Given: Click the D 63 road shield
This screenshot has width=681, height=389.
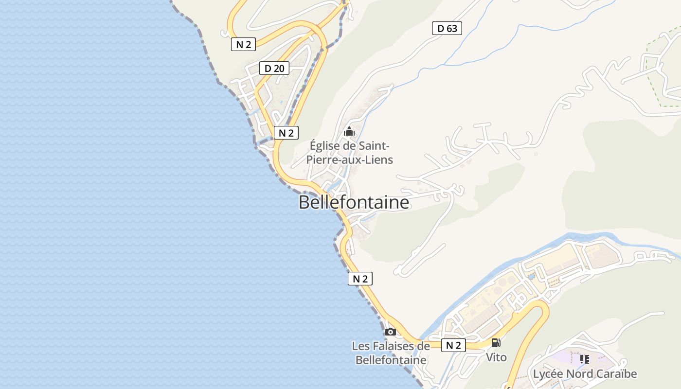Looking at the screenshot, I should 447,28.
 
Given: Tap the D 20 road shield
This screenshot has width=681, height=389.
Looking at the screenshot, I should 274,68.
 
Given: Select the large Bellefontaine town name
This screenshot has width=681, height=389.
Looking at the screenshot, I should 354,202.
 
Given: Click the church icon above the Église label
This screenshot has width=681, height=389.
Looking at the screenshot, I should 349,131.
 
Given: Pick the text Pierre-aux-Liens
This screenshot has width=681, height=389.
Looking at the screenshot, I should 349,159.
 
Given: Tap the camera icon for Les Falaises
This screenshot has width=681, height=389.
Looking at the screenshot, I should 390,332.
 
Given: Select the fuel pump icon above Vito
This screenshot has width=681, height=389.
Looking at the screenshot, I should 496,343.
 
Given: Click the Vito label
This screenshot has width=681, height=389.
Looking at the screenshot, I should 496,357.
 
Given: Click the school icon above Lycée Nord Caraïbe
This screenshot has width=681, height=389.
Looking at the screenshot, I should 584,359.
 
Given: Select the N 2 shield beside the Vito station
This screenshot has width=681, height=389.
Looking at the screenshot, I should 453,345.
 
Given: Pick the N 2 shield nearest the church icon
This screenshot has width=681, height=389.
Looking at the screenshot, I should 286,133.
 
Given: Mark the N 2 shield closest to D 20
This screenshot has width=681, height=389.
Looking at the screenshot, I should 243,44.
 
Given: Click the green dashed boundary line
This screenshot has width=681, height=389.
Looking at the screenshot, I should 652,78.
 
